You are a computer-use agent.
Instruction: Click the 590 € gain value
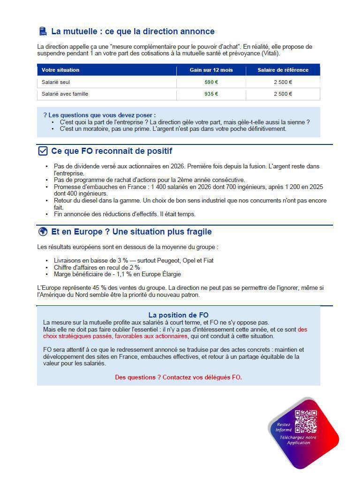211,82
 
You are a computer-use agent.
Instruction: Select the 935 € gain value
211,94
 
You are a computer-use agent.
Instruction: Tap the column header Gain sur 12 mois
211,70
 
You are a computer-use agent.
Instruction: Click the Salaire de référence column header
283,70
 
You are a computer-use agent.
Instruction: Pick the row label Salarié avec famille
65,94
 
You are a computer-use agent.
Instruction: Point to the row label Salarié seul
56,82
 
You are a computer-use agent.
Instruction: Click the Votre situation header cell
60,70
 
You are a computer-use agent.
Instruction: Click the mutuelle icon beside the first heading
43,31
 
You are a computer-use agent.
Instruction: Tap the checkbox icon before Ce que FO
43,151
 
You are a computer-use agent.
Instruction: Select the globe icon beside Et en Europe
43,232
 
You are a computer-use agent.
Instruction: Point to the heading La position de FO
178,315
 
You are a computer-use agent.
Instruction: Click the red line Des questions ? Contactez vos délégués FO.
178,377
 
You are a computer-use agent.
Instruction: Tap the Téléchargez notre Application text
298,440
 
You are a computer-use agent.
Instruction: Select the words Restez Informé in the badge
283,427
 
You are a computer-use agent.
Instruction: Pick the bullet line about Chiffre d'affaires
97,267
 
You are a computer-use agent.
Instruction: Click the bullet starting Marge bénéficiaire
117,274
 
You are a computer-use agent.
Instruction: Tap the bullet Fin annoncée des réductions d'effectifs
124,214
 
